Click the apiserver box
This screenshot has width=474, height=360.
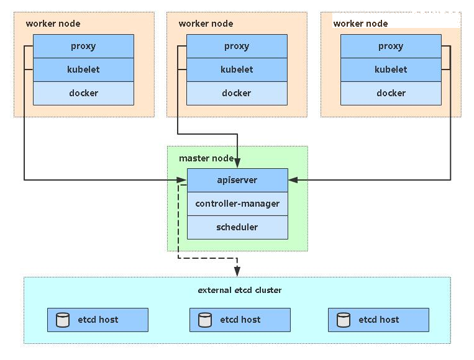click(237, 180)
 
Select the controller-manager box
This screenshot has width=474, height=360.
click(237, 204)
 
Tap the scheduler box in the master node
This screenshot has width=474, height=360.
click(237, 227)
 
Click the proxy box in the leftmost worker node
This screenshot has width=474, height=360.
click(83, 46)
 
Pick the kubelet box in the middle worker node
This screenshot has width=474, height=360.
click(237, 70)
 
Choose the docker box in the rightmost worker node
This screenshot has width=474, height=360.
click(391, 93)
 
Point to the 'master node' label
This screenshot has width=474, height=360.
click(206, 158)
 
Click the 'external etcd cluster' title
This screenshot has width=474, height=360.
click(240, 290)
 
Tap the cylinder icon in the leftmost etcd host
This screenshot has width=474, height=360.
click(63, 320)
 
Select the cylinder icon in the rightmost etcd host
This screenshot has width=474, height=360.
click(344, 320)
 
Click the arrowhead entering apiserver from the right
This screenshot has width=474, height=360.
click(293, 180)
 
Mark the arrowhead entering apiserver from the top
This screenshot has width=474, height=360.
click(237, 163)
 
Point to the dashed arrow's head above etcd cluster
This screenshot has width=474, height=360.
click(237, 271)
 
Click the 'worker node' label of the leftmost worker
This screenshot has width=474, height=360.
click(53, 24)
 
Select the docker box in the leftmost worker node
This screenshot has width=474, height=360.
click(83, 93)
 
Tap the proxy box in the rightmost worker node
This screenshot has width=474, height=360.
click(391, 46)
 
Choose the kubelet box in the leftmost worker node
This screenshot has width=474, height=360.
click(83, 70)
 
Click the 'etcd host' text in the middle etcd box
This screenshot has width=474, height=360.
click(240, 320)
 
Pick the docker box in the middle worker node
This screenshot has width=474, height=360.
click(237, 93)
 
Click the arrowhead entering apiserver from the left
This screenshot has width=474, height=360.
click(181, 180)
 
